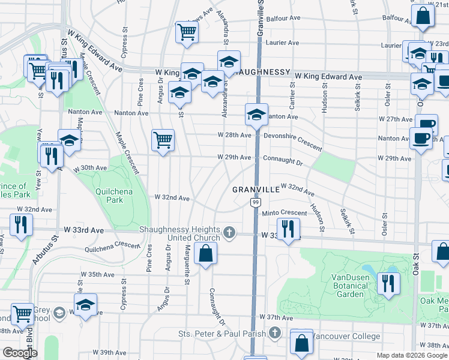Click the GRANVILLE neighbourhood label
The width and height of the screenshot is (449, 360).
coord(256,189)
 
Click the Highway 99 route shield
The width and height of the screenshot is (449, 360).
coord(255,205)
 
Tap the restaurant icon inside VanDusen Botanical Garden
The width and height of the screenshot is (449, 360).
coord(388,283)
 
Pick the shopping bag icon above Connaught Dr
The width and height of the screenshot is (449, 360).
coord(205,253)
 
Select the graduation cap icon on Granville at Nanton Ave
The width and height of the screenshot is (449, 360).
coord(256,114)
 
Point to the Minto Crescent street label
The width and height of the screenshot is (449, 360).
coord(284,213)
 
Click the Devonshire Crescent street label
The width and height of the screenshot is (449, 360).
coord(292,140)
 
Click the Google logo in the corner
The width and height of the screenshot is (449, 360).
coord(20,353)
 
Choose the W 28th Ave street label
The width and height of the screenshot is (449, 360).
coord(235,136)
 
